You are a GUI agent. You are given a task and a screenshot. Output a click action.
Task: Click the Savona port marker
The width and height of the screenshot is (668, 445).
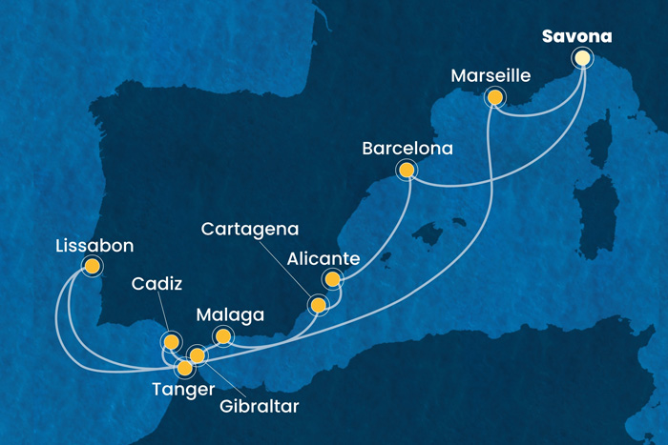click(x=582, y=58)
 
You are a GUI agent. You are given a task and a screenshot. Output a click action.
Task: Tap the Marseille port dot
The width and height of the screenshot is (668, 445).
click(x=494, y=96)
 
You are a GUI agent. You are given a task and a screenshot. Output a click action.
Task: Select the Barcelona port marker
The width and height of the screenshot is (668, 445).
click(x=407, y=171)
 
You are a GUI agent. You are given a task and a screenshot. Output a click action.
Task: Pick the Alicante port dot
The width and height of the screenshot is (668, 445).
click(x=332, y=279)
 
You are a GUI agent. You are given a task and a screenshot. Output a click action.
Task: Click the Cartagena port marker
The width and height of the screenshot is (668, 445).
click(x=318, y=305)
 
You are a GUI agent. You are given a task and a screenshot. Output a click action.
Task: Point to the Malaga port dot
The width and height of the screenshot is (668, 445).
click(x=223, y=335)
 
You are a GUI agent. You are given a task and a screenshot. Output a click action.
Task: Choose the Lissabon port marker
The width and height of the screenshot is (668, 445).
click(x=92, y=266)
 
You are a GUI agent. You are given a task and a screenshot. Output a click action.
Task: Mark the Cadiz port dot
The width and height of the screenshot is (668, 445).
click(x=171, y=340)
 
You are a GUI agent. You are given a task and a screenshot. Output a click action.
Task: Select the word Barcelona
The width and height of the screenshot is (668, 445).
click(x=407, y=149)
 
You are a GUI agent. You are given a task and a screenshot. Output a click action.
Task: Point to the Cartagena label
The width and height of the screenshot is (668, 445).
click(x=250, y=230)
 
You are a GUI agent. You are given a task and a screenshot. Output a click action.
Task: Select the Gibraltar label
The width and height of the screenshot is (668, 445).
click(x=258, y=407)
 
